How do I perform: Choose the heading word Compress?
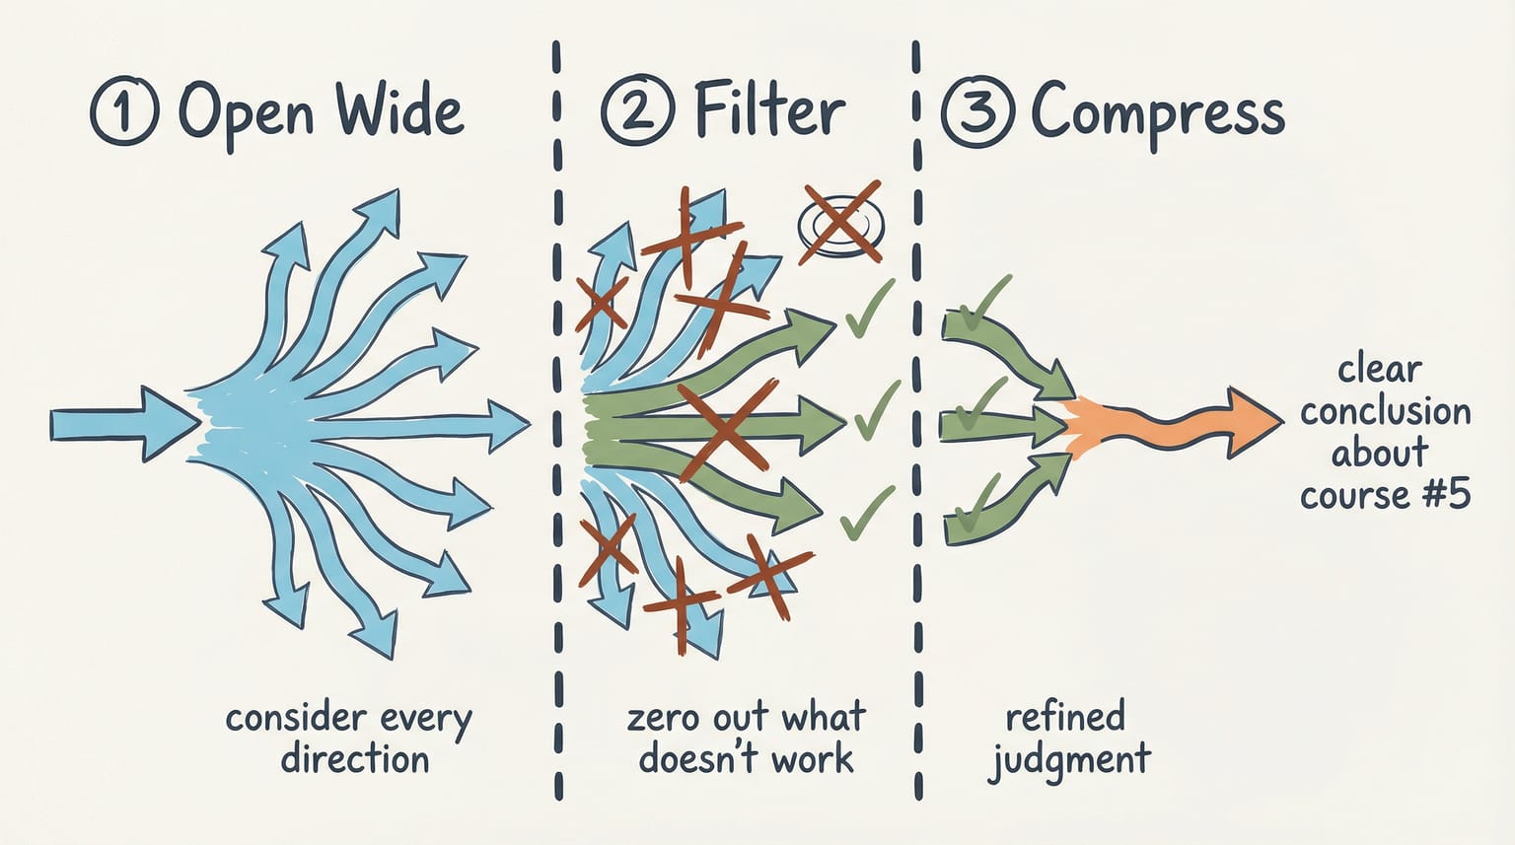coord(1157,114)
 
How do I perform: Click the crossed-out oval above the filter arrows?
coord(839,223)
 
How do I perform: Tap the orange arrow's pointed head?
coord(1253,421)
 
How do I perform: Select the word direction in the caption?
coord(355,759)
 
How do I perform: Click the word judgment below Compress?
coord(1070,760)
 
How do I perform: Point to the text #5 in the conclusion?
coord(1446,493)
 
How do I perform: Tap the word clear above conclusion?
coord(1379,370)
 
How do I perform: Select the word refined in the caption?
coord(1065,716)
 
